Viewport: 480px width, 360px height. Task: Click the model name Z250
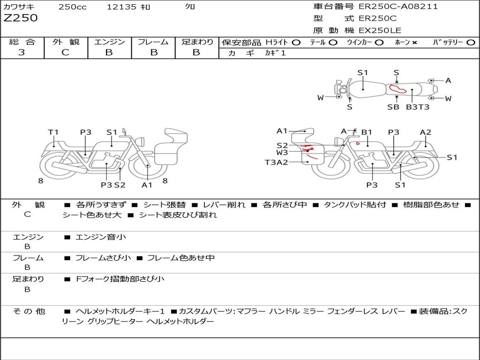(21, 18)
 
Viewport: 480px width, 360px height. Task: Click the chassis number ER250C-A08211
(398, 6)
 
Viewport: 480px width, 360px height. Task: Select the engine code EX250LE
(380, 30)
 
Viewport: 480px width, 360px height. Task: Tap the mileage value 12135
(121, 7)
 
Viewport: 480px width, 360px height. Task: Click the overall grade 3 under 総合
(22, 52)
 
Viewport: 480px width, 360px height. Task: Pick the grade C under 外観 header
(66, 52)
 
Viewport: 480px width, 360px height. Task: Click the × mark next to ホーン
(414, 43)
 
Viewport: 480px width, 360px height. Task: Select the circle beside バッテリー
(471, 43)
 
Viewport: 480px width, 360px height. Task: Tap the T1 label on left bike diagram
(53, 132)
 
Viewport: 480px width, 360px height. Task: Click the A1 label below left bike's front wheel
(147, 185)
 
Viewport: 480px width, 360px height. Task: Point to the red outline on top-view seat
(397, 89)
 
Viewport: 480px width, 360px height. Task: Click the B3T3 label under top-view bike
(418, 107)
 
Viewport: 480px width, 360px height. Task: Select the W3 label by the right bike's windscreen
(282, 152)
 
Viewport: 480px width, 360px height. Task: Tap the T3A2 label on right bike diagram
(277, 162)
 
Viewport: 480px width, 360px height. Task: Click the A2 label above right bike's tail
(426, 132)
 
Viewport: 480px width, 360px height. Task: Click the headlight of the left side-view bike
(141, 142)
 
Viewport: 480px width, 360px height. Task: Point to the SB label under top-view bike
(393, 107)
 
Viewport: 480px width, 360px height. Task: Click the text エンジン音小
(101, 237)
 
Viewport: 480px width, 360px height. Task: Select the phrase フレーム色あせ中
(181, 258)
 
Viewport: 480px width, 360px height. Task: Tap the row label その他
(29, 311)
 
